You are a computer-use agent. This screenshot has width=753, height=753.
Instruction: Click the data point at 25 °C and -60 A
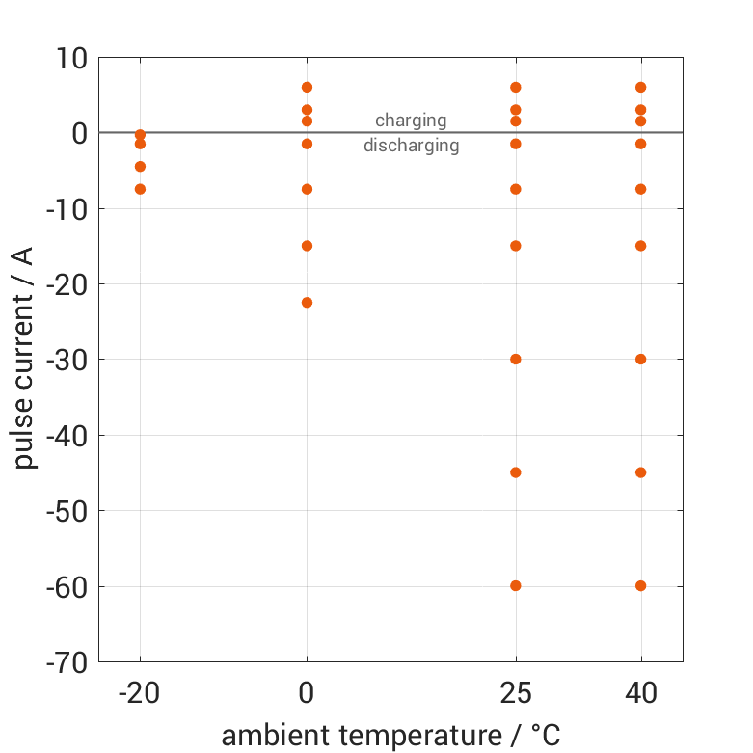pyautogui.click(x=516, y=585)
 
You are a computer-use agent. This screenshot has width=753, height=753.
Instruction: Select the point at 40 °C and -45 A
pyautogui.click(x=640, y=472)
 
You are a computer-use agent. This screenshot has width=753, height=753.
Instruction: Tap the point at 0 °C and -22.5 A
pyautogui.click(x=307, y=302)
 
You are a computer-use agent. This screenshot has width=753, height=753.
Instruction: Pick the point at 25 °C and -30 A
pyautogui.click(x=516, y=359)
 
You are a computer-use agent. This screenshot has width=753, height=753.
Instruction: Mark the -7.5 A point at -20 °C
pyautogui.click(x=140, y=189)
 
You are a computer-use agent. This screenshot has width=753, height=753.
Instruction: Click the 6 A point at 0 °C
pyautogui.click(x=307, y=87)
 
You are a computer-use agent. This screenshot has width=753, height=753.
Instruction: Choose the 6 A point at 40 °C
pyautogui.click(x=640, y=87)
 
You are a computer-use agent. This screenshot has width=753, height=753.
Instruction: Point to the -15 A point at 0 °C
pyautogui.click(x=307, y=246)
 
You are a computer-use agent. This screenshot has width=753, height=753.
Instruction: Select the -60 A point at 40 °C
pyautogui.click(x=640, y=585)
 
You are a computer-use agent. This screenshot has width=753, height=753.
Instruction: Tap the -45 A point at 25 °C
pyautogui.click(x=516, y=472)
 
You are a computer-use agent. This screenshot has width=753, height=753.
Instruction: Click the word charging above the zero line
pyautogui.click(x=411, y=121)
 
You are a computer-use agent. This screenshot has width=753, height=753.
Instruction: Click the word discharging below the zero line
pyautogui.click(x=411, y=147)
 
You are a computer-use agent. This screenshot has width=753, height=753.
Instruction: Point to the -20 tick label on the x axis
pyautogui.click(x=140, y=692)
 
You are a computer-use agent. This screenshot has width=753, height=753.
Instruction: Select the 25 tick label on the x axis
pyautogui.click(x=516, y=692)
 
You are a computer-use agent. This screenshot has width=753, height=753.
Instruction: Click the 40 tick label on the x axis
pyautogui.click(x=640, y=692)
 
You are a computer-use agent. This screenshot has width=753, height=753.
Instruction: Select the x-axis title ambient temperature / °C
pyautogui.click(x=390, y=736)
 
